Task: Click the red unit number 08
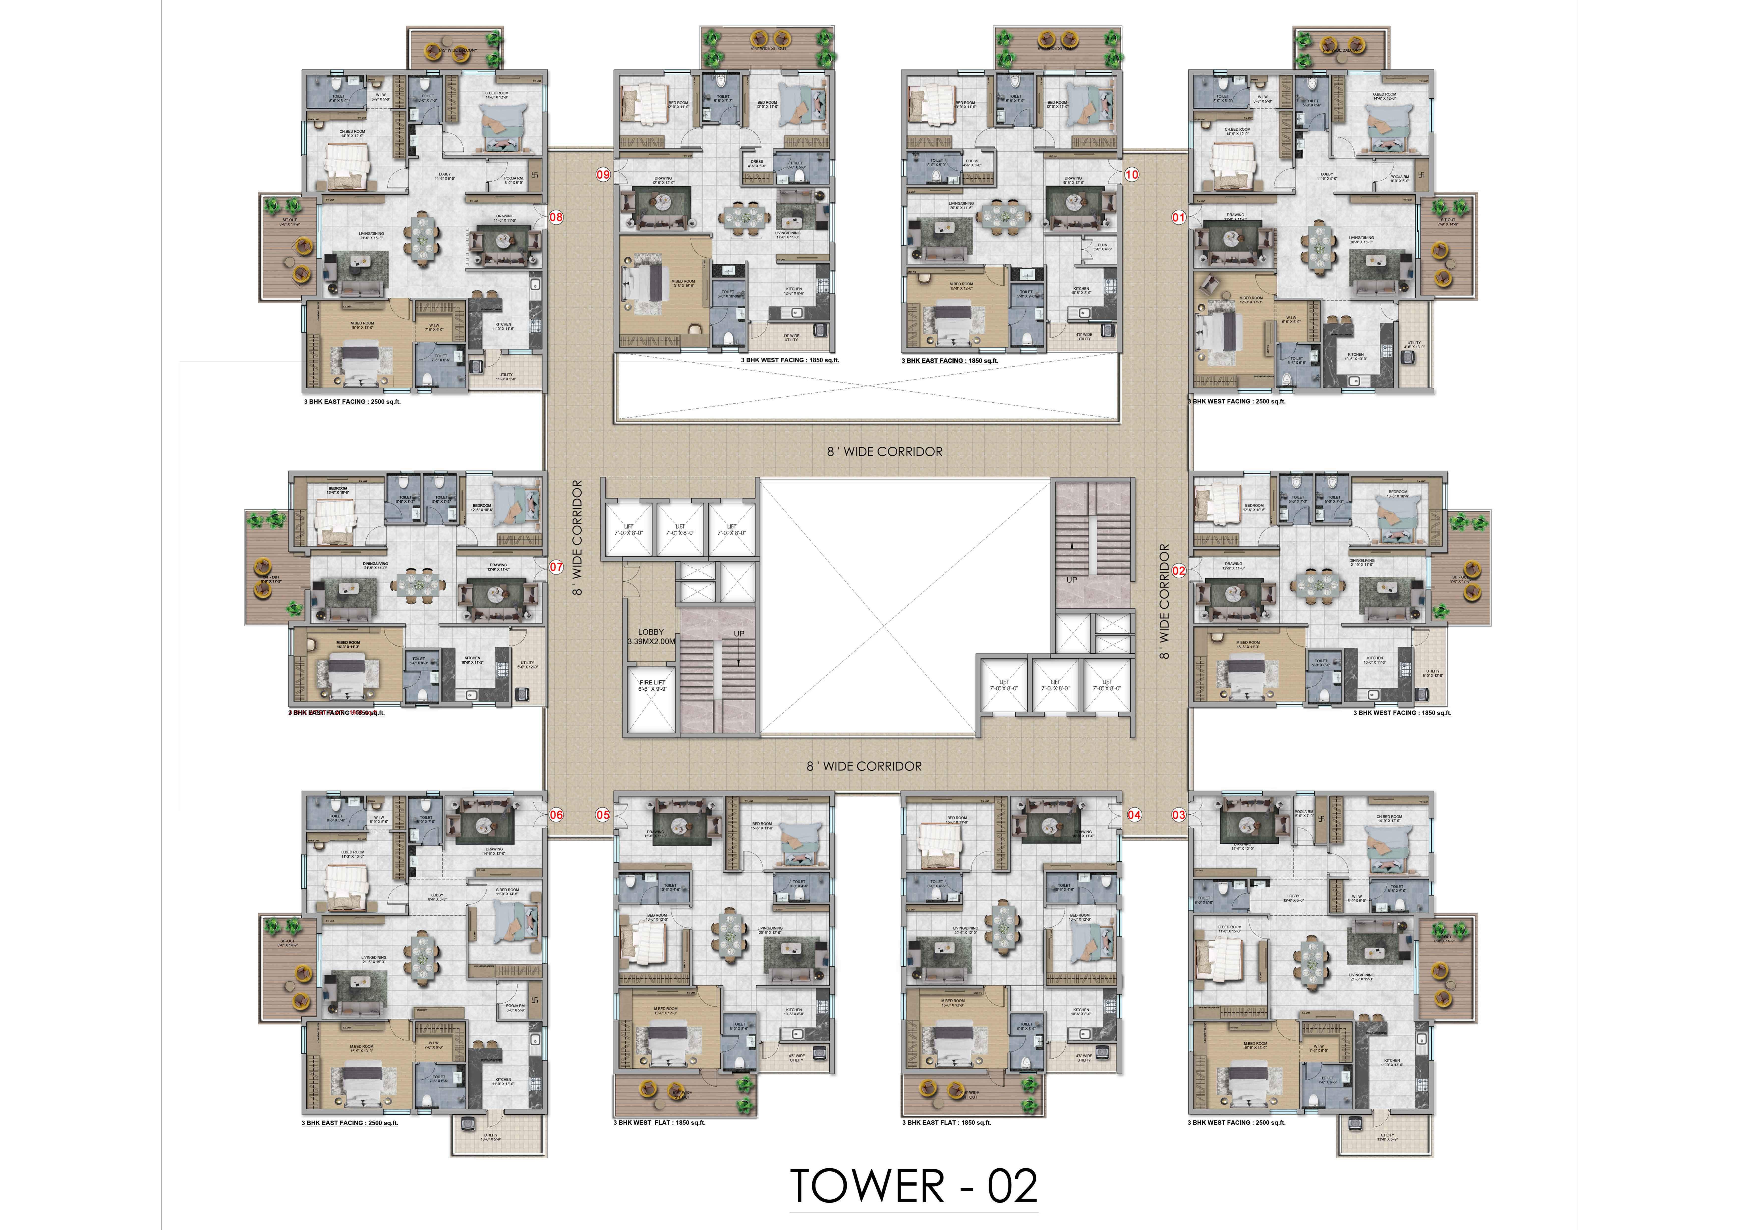(x=556, y=217)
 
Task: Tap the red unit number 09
(x=603, y=175)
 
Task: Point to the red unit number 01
(x=1178, y=217)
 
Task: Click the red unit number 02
(x=1178, y=571)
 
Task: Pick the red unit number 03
(x=1178, y=815)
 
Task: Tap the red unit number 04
(x=1134, y=815)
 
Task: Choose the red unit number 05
(x=603, y=815)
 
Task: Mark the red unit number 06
(x=556, y=815)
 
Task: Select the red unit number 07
(x=556, y=566)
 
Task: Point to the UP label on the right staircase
(x=1072, y=580)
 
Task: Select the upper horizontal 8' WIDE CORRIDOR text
(x=885, y=451)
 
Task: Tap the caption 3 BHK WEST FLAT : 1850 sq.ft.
(x=659, y=1122)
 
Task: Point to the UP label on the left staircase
(x=739, y=634)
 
